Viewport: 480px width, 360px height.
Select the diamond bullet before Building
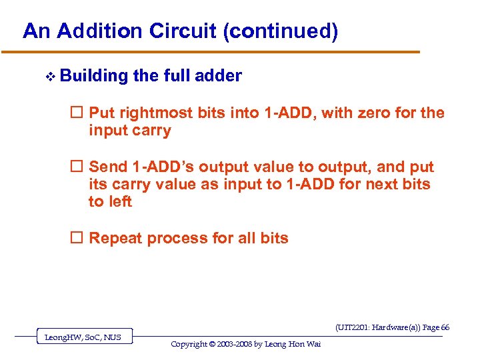coord(48,77)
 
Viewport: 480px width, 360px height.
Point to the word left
coord(120,202)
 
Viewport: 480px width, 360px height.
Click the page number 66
coord(445,327)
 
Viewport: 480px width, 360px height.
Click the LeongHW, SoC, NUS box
coord(83,337)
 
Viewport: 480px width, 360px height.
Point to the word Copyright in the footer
coord(194,344)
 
